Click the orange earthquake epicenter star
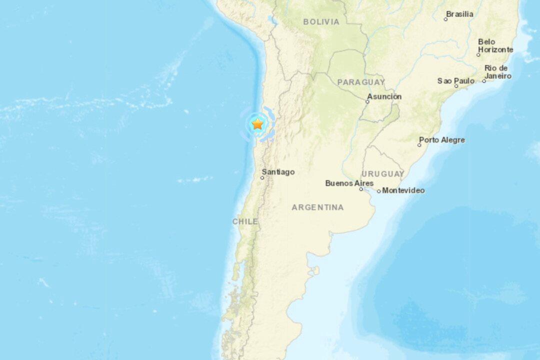pos(257,124)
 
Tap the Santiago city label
pos(278,172)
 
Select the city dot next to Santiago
pos(262,177)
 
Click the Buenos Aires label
pos(349,183)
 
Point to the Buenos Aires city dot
pos(361,189)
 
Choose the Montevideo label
pos(403,190)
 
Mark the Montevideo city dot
pos(379,191)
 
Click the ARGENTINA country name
pos(318,207)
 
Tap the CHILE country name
pos(245,221)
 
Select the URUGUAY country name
pos(383,174)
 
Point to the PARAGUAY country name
pos(361,82)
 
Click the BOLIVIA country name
pos(321,22)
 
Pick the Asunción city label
pos(384,96)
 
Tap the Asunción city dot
pos(367,101)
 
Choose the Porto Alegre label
pos(442,140)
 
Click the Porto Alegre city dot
pos(419,145)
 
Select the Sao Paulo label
pos(456,80)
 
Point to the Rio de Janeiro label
pos(497,72)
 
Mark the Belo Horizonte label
pos(495,45)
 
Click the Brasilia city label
pos(459,14)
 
